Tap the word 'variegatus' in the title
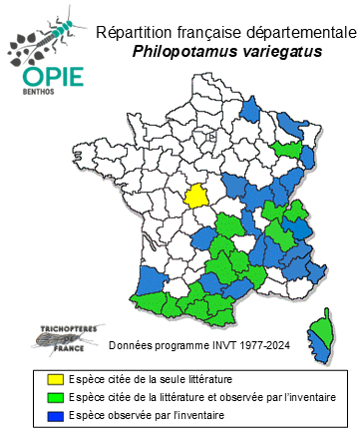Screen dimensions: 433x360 282,52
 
